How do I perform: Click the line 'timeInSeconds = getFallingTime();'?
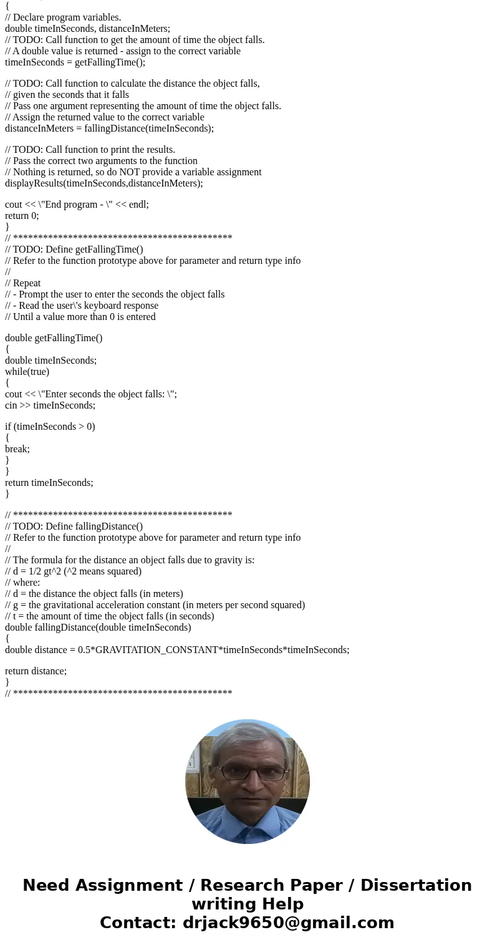pos(75,62)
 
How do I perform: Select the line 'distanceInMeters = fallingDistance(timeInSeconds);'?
pos(109,128)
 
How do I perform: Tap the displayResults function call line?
pos(103,183)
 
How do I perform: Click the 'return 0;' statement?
pos(22,216)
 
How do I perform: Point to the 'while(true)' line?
pos(27,372)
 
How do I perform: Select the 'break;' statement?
pos(17,449)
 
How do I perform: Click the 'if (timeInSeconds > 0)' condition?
pos(50,427)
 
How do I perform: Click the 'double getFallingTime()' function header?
pos(54,338)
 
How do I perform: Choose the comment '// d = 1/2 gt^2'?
pos(73,571)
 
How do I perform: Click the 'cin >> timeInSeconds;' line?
pos(50,405)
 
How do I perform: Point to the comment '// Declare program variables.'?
pos(63,17)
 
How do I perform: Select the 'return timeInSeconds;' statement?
pos(49,483)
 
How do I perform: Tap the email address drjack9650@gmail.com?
pos(288,923)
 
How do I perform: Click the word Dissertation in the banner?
pos(416,886)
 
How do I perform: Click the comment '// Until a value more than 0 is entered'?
pos(80,317)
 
